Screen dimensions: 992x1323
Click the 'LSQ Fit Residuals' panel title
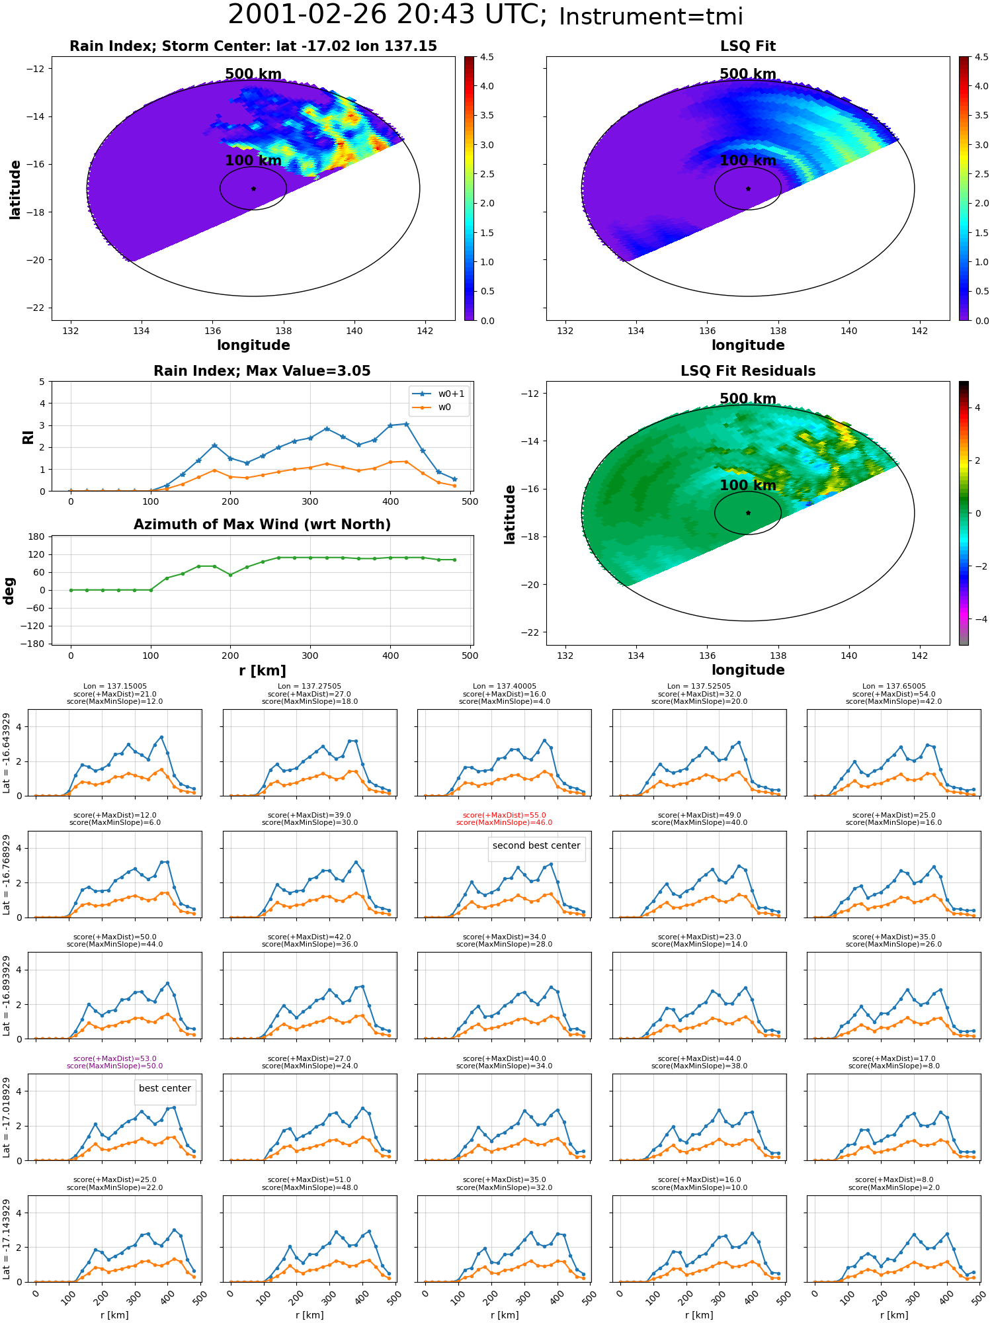point(748,371)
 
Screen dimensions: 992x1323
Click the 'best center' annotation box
point(165,1088)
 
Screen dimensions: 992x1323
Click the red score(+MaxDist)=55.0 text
point(504,816)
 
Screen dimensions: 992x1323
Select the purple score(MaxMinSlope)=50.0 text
point(114,1066)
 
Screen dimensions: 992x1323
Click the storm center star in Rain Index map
point(253,189)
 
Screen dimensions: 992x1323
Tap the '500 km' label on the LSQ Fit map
point(748,74)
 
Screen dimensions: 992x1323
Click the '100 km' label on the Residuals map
point(748,485)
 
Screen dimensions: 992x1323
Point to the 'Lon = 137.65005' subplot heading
point(893,687)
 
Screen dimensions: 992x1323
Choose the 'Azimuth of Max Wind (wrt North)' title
point(262,525)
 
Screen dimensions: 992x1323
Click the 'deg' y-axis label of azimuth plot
point(9,591)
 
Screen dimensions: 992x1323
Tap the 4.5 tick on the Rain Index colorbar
point(486,57)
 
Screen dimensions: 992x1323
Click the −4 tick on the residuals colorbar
point(977,619)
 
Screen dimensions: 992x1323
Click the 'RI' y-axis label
point(28,437)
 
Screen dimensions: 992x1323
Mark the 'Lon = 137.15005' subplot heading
point(115,687)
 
